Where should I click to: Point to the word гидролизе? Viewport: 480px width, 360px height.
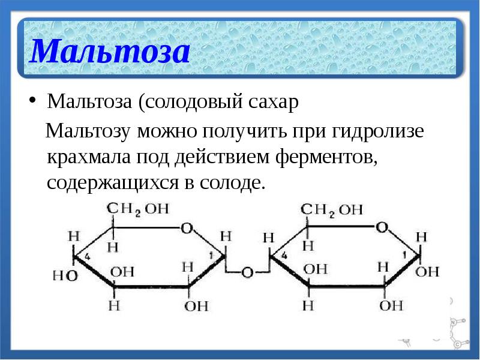(x=382, y=131)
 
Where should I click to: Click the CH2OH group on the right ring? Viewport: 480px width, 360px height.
(x=331, y=209)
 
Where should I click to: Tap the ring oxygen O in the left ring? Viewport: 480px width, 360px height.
(x=187, y=228)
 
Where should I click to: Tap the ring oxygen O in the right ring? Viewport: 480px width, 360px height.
(x=382, y=227)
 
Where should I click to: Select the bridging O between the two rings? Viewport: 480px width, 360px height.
(x=247, y=272)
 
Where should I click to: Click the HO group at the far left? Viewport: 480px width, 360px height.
(x=65, y=275)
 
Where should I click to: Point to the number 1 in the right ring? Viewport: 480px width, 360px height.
(x=404, y=256)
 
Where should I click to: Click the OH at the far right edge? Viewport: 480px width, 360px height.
(x=427, y=271)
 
